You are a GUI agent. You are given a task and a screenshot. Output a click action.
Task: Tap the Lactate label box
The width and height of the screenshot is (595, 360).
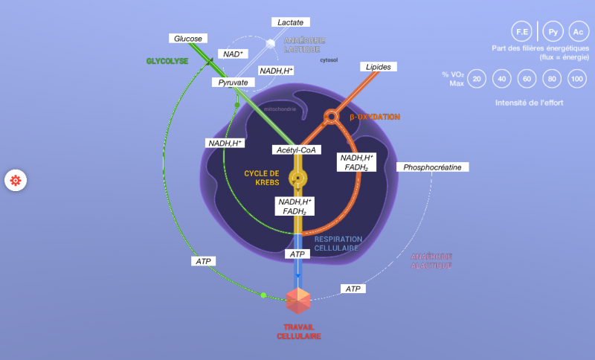(290, 22)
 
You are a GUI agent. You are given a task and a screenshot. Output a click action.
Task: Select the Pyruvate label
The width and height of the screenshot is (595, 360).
(233, 82)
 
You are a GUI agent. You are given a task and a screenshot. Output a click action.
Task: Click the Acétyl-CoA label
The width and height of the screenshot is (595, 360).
(296, 150)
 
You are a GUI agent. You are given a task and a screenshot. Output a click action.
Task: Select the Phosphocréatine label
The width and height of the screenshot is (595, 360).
(432, 167)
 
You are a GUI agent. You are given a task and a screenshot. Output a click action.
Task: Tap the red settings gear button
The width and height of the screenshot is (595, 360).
(16, 180)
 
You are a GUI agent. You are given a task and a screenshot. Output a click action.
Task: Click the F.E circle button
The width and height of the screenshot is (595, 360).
(522, 32)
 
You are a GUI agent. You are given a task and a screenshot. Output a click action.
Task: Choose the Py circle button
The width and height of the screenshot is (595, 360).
(553, 32)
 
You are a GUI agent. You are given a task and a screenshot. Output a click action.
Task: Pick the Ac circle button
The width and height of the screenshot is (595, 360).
(578, 32)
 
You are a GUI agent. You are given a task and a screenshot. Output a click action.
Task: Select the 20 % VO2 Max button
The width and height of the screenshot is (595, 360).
(477, 79)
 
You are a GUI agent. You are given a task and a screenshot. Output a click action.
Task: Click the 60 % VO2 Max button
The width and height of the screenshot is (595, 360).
(527, 79)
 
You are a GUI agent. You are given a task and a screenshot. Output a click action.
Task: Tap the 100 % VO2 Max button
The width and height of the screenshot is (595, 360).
(576, 79)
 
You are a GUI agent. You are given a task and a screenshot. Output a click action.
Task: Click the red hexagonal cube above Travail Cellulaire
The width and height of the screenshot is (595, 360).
(298, 300)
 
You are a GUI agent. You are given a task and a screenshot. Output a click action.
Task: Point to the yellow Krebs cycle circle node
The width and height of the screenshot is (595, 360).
(297, 179)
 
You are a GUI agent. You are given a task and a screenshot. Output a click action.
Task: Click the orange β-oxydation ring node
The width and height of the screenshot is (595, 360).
(330, 117)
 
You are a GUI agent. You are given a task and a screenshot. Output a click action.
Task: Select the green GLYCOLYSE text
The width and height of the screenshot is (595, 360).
(167, 60)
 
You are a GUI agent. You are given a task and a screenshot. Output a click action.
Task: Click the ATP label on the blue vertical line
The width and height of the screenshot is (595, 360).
(297, 254)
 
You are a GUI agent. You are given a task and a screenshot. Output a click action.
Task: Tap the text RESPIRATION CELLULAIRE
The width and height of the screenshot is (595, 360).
(338, 243)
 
